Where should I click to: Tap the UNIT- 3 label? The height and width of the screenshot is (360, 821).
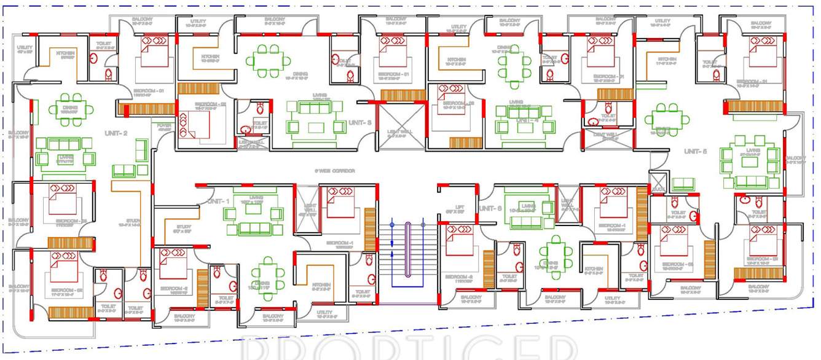[x=360, y=123]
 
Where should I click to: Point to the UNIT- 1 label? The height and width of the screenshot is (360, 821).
[x=219, y=202]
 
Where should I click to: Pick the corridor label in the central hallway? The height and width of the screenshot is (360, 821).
[x=335, y=171]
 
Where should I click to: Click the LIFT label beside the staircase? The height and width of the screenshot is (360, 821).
[x=459, y=207]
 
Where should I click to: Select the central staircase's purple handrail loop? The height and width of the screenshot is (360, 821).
[x=410, y=252]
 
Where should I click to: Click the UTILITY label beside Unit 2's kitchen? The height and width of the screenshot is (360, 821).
[x=25, y=49]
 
